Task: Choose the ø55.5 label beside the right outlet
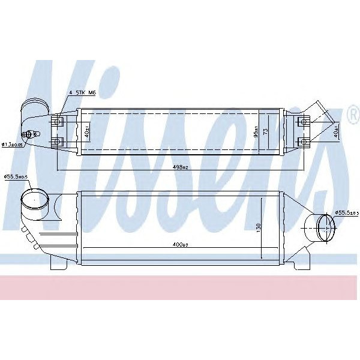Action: [346, 213]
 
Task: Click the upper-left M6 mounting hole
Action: [57, 122]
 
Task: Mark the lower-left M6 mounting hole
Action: [57, 142]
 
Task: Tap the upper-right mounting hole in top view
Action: [304, 122]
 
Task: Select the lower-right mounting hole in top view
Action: [304, 142]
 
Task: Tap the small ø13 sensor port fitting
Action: [28, 135]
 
